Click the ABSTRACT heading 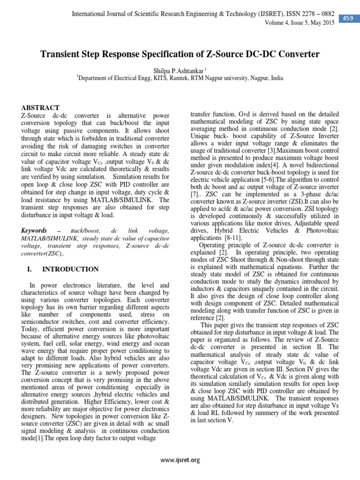(x=41, y=108)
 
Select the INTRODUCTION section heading (x=70, y=269)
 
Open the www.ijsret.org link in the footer (x=180, y=460)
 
